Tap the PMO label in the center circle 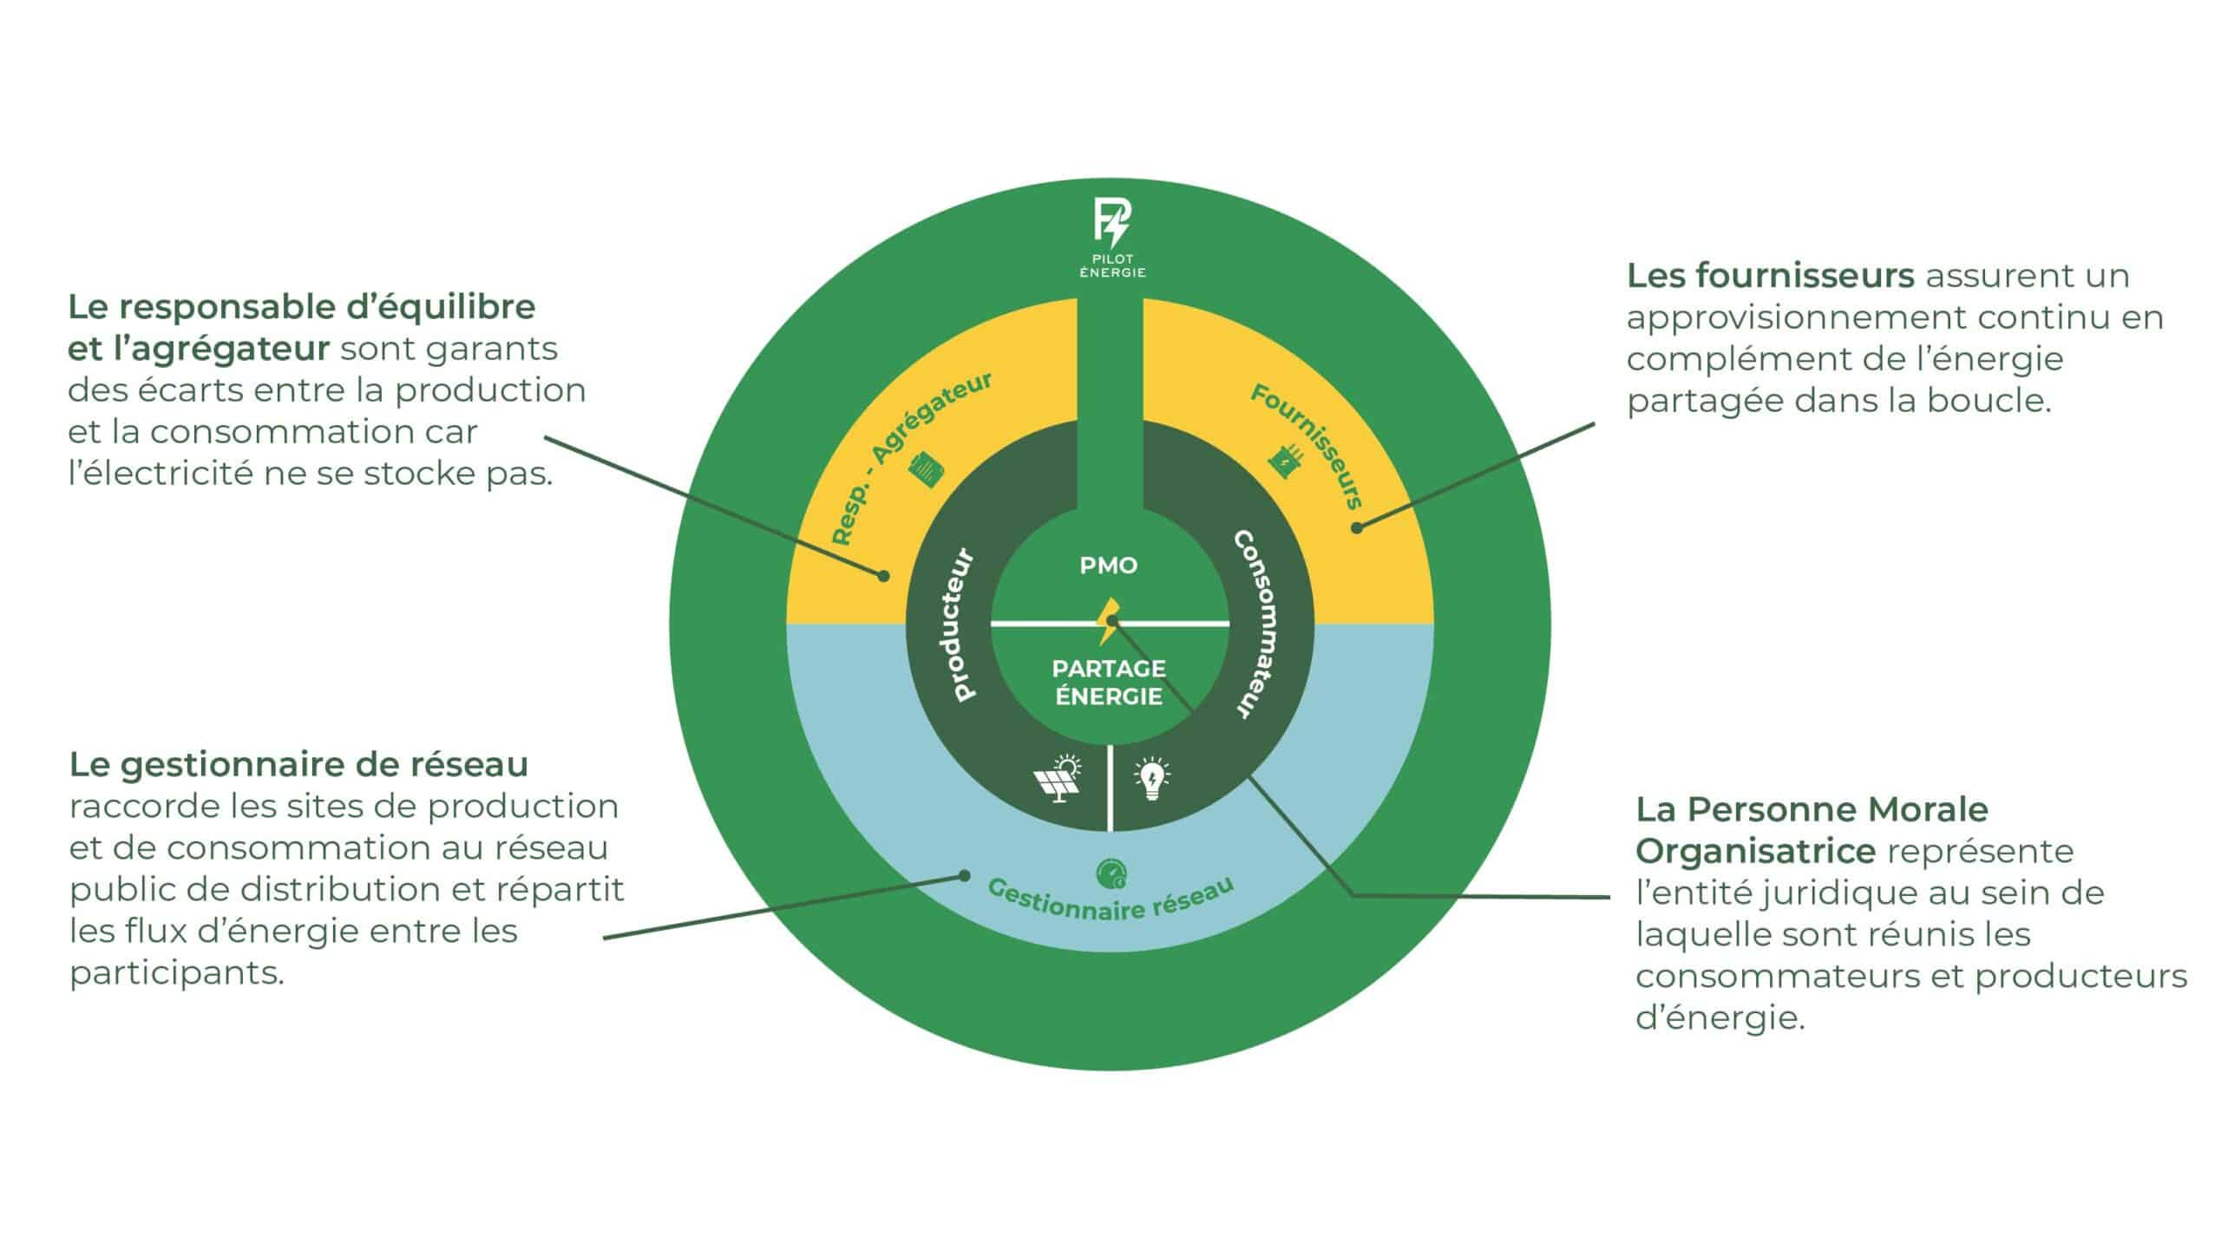pyautogui.click(x=1108, y=566)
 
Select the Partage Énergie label pyautogui.click(x=1109, y=683)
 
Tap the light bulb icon pyautogui.click(x=1152, y=778)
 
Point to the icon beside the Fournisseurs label pyautogui.click(x=1286, y=461)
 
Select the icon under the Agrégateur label pyautogui.click(x=926, y=469)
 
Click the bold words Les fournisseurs pyautogui.click(x=1770, y=276)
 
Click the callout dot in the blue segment pyautogui.click(x=964, y=875)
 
